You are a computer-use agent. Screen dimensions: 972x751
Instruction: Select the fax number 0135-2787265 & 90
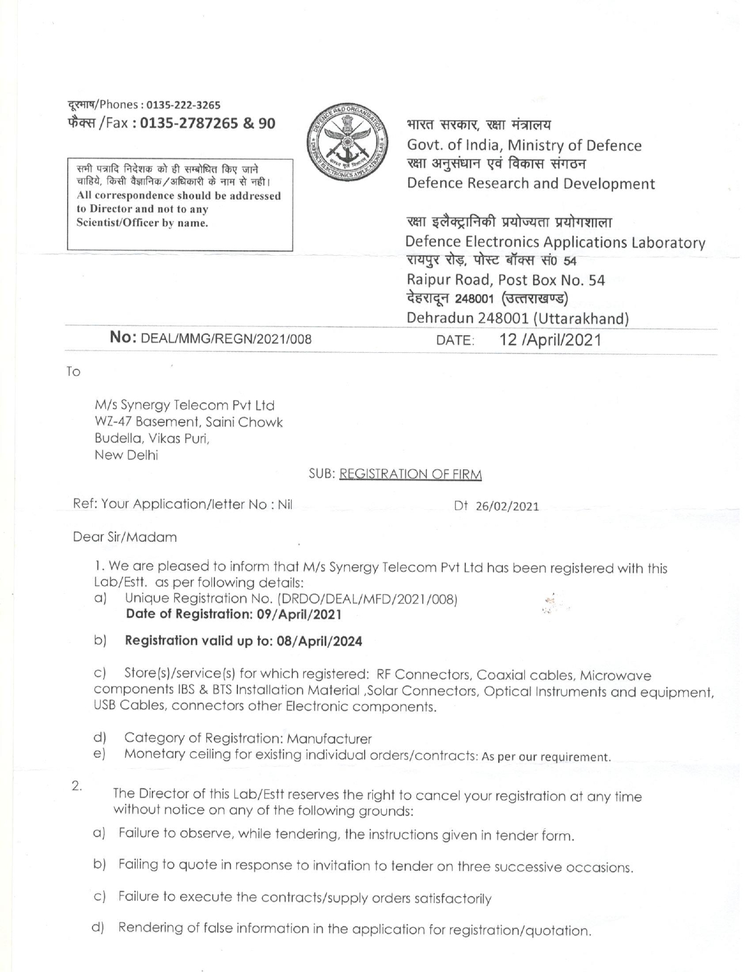point(209,123)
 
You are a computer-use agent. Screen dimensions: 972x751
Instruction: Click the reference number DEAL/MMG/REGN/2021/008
point(228,339)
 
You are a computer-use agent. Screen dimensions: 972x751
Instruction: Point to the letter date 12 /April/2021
point(550,339)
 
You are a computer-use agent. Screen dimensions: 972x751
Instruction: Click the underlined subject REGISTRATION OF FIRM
point(411,474)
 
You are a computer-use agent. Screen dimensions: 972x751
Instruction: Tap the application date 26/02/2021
point(507,507)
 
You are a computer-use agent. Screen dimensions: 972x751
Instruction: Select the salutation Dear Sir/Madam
point(124,537)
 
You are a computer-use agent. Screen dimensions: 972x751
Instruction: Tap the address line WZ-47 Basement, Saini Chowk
point(188,422)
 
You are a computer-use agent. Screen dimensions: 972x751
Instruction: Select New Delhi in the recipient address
point(126,455)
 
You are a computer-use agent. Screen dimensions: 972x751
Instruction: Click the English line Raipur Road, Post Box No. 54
point(506,280)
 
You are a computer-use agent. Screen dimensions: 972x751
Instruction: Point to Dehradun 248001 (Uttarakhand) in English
point(518,319)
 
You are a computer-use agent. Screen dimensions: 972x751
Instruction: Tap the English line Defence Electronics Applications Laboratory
point(555,242)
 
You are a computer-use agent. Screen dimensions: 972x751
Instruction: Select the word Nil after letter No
point(285,504)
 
